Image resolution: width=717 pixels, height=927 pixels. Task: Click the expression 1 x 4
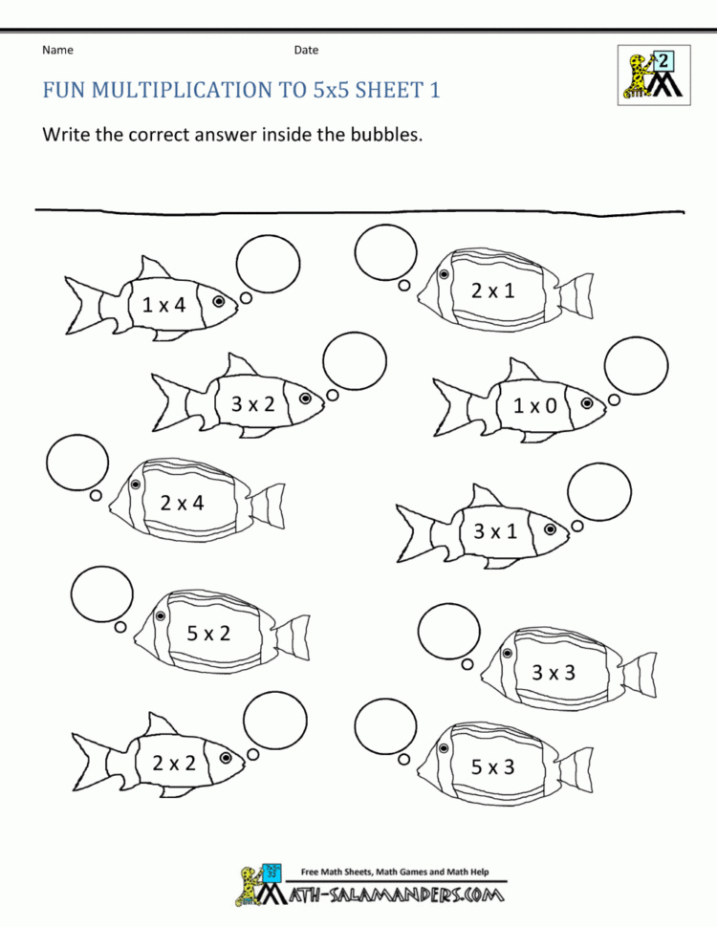[163, 305]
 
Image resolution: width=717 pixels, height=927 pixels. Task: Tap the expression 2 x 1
[492, 291]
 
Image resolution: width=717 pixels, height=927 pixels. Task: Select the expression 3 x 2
[252, 403]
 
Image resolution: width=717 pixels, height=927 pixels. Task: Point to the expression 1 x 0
[534, 405]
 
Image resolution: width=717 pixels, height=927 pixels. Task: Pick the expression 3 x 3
[554, 672]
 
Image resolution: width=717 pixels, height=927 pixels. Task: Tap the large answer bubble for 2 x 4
[77, 463]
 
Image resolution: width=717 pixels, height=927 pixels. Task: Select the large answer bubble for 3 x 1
[599, 491]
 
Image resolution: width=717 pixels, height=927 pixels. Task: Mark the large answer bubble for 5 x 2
[101, 594]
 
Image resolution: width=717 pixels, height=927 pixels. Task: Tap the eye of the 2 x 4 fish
[136, 485]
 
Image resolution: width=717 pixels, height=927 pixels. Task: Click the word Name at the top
[57, 50]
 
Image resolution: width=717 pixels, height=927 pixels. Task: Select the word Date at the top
[306, 50]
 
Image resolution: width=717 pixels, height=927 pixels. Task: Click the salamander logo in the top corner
[653, 74]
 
